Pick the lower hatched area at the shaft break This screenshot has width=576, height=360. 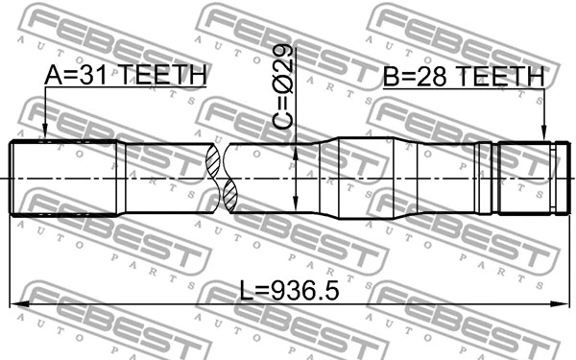(230, 196)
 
